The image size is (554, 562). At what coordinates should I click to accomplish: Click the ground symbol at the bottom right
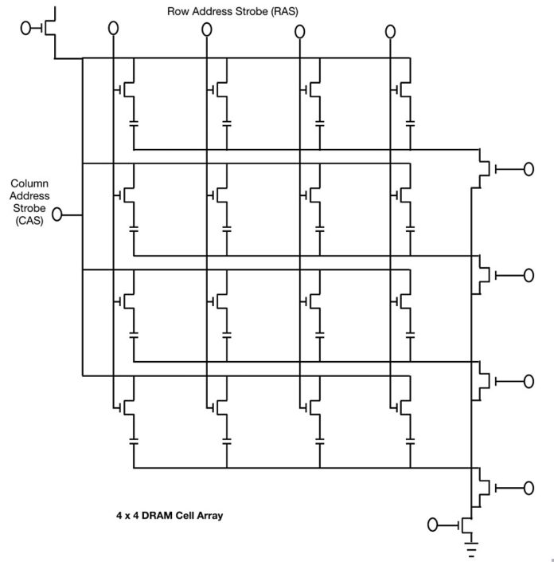click(x=472, y=548)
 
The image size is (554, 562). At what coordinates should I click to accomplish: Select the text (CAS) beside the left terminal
click(x=29, y=221)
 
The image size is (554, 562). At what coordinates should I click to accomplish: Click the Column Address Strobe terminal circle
click(x=57, y=214)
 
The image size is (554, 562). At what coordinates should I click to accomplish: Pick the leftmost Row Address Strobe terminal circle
click(x=113, y=28)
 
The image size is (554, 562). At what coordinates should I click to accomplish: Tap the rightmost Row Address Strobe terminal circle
click(x=390, y=32)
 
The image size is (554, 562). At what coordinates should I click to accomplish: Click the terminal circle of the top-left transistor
click(x=25, y=28)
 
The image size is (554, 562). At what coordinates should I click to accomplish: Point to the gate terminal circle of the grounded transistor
click(x=433, y=525)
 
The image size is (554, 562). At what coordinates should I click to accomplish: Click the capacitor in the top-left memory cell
click(x=134, y=124)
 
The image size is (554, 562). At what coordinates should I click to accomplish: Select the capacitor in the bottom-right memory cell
click(x=411, y=441)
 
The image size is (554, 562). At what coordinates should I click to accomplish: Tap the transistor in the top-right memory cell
click(x=403, y=89)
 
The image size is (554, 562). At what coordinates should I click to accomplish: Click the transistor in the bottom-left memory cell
click(x=126, y=407)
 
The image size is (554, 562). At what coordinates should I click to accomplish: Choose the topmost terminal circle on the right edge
click(x=529, y=169)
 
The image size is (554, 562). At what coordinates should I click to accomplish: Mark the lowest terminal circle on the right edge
click(x=529, y=488)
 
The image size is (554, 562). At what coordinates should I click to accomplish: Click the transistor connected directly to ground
click(x=466, y=525)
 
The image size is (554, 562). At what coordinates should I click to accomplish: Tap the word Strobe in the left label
click(x=29, y=208)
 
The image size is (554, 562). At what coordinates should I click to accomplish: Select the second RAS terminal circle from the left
click(x=206, y=29)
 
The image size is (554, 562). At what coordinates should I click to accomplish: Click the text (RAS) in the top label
click(x=284, y=11)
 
